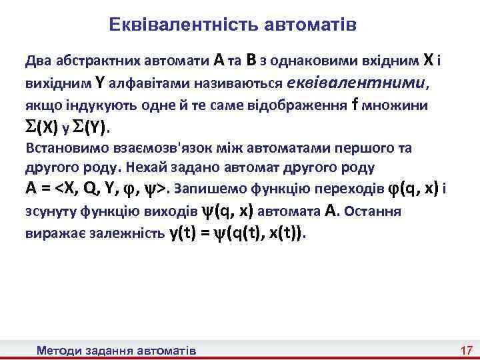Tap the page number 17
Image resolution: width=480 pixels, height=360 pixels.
tap(466, 350)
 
